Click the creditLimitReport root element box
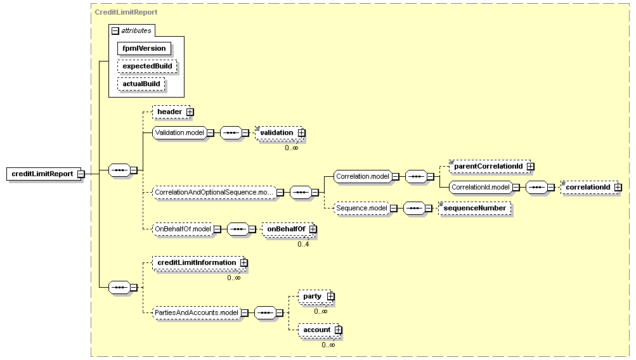42,174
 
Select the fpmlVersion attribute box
144,48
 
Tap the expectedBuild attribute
147,66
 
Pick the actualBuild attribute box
141,84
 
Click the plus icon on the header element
190,112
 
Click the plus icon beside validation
301,132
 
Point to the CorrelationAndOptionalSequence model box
214,192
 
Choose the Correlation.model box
363,176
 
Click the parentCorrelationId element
490,166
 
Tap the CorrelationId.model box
481,188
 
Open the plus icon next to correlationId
618,188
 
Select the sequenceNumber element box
474,209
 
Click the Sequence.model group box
362,209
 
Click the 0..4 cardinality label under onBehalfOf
303,245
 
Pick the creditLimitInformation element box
198,262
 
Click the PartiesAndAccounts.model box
197,312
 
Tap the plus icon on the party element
330,297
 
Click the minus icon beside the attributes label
115,31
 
